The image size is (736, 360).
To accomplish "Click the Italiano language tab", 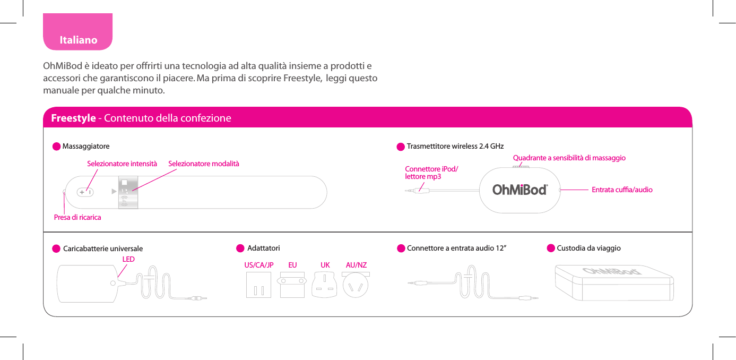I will (78, 40).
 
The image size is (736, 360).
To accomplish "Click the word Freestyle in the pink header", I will (73, 118).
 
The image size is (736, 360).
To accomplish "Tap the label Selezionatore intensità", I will (122, 164).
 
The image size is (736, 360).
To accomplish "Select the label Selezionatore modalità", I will (204, 164).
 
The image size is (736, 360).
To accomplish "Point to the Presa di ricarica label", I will (77, 218).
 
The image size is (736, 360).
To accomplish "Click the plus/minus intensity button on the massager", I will (85, 192).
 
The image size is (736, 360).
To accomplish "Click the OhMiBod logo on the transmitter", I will (519, 190).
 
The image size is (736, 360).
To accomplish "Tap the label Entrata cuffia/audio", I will (622, 190).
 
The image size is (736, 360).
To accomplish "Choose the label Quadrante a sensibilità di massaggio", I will (569, 158).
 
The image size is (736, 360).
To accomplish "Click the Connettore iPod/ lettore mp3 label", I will (430, 173).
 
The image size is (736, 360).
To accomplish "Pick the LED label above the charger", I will (128, 260).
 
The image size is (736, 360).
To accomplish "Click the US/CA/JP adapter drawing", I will (258, 285).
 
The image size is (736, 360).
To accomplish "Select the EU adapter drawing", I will (292, 285).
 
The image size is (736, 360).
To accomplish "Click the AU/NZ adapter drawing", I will (356, 285).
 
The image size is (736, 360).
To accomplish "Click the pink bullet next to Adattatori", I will (240, 248).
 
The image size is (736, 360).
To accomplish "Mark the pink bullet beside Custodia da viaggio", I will (551, 248).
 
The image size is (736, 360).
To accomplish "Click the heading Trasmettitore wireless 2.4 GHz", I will (455, 146).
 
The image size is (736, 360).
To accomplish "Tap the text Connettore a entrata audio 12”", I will (456, 248).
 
